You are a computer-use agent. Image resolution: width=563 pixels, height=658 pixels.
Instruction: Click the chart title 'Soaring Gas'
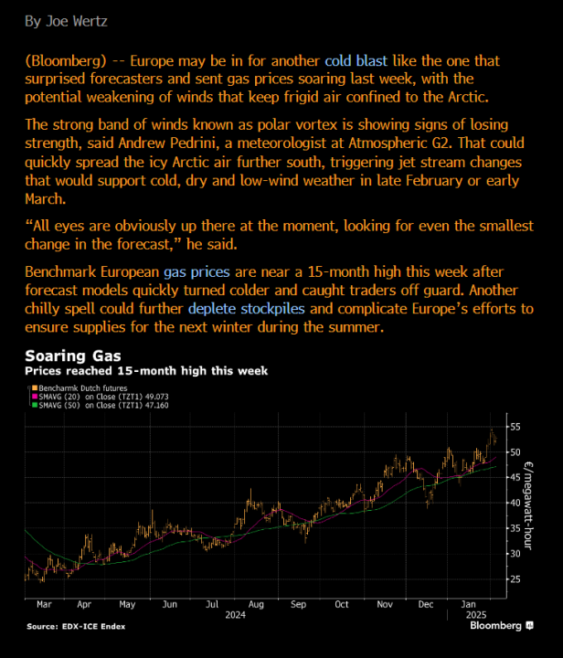coord(73,355)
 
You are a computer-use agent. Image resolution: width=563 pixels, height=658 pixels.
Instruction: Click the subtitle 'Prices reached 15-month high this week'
coord(146,370)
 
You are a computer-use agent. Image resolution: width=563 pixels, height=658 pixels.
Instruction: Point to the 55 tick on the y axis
coord(515,427)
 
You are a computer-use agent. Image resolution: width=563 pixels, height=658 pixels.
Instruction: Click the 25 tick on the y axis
coord(515,579)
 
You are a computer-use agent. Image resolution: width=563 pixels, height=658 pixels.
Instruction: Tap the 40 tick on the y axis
coord(515,503)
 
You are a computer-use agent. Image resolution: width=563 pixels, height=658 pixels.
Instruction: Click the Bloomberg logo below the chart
coord(501,626)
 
